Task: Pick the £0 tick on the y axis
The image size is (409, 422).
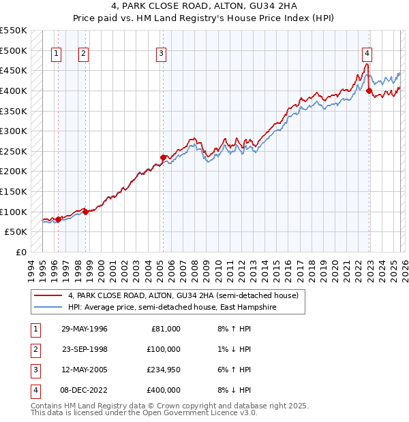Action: click(x=22, y=252)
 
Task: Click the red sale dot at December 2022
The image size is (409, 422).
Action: click(x=369, y=91)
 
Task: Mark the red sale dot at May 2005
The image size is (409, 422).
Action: click(x=163, y=157)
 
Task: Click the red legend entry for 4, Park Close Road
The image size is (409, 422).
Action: click(x=183, y=296)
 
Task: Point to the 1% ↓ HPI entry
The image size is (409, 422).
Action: click(x=234, y=349)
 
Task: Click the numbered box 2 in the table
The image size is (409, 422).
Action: click(x=35, y=349)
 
